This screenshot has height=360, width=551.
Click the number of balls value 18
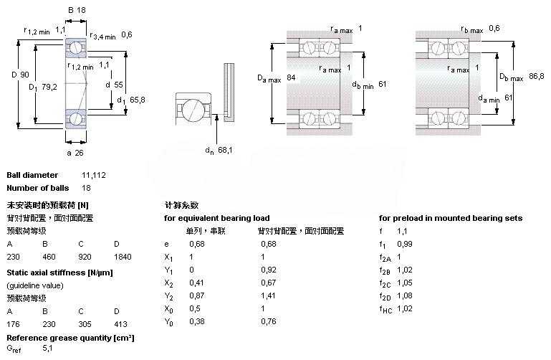click(87, 188)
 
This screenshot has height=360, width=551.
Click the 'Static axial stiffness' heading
click(59, 273)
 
